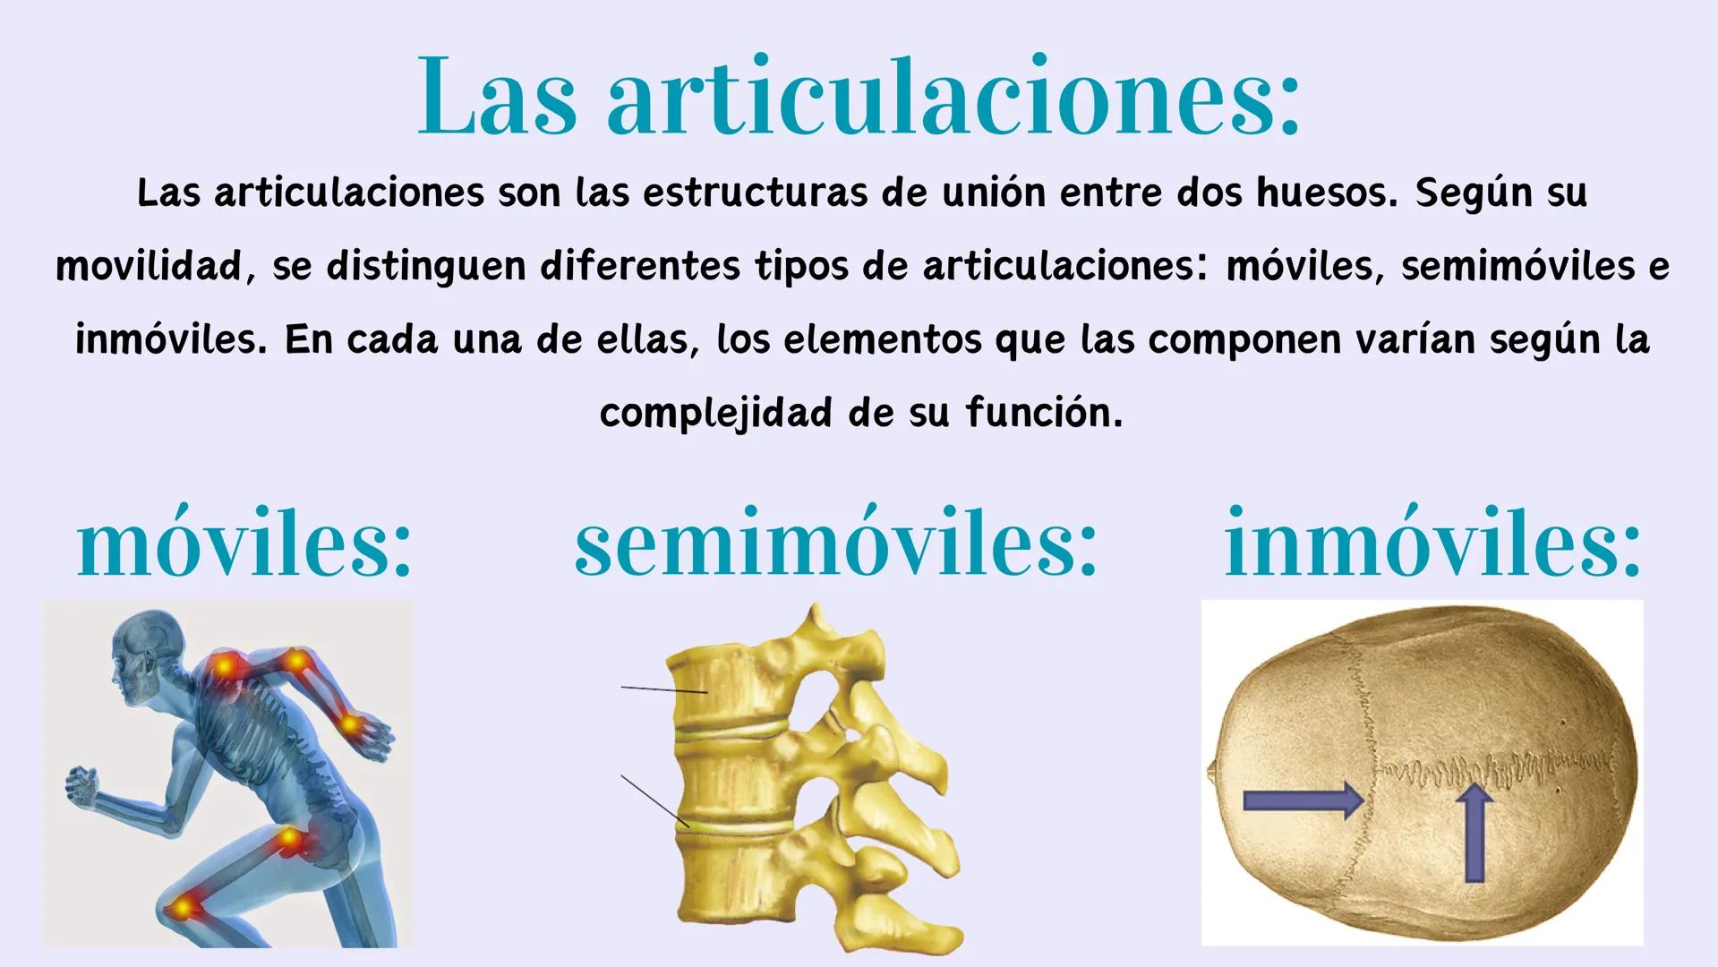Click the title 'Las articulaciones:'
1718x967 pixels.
(x=859, y=97)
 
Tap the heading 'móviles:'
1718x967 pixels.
(x=244, y=543)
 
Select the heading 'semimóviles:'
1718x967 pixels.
(x=835, y=543)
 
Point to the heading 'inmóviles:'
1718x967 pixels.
(x=1432, y=543)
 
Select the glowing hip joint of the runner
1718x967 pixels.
(x=291, y=842)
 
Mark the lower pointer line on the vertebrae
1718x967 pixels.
(x=654, y=800)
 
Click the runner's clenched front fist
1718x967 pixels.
(x=83, y=785)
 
